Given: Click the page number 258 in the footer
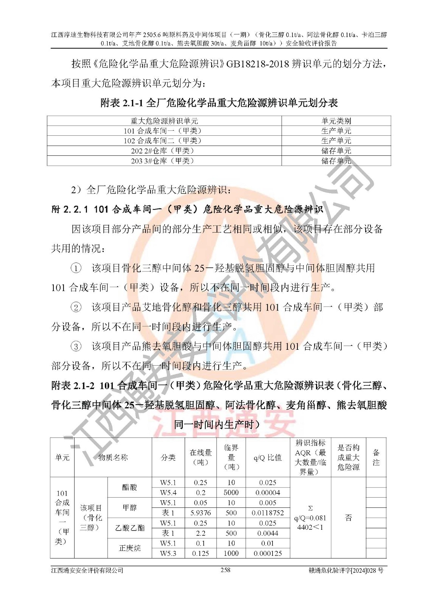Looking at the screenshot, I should coord(225,570).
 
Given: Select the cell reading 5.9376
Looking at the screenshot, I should coord(201,513).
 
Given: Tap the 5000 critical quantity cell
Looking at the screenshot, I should coord(231,492).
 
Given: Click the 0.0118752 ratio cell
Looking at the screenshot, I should coord(268,513).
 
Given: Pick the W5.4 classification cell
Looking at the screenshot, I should coord(168,492).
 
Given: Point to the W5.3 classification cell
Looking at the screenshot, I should coord(168,553).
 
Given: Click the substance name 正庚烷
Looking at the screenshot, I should coord(130,548).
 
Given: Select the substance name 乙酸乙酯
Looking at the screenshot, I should coord(130,528).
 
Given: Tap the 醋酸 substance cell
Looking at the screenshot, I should coord(130,487).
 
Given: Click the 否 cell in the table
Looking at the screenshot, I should coord(349,518).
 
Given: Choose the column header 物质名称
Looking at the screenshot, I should coord(113,457).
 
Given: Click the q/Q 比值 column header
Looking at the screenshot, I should coord(268,457).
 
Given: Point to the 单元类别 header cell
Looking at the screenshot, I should coord(336,121).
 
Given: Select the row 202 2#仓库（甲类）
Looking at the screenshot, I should coord(164,150).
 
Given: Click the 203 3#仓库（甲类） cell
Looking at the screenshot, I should coord(164,161).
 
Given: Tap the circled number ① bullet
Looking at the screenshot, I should coord(76,268).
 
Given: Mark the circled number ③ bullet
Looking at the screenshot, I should coord(76,346).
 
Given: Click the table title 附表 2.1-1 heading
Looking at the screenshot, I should coord(219,102).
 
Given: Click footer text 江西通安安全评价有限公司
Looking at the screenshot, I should coord(87,570).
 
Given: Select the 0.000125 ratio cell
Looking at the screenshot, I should coord(268,553).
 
